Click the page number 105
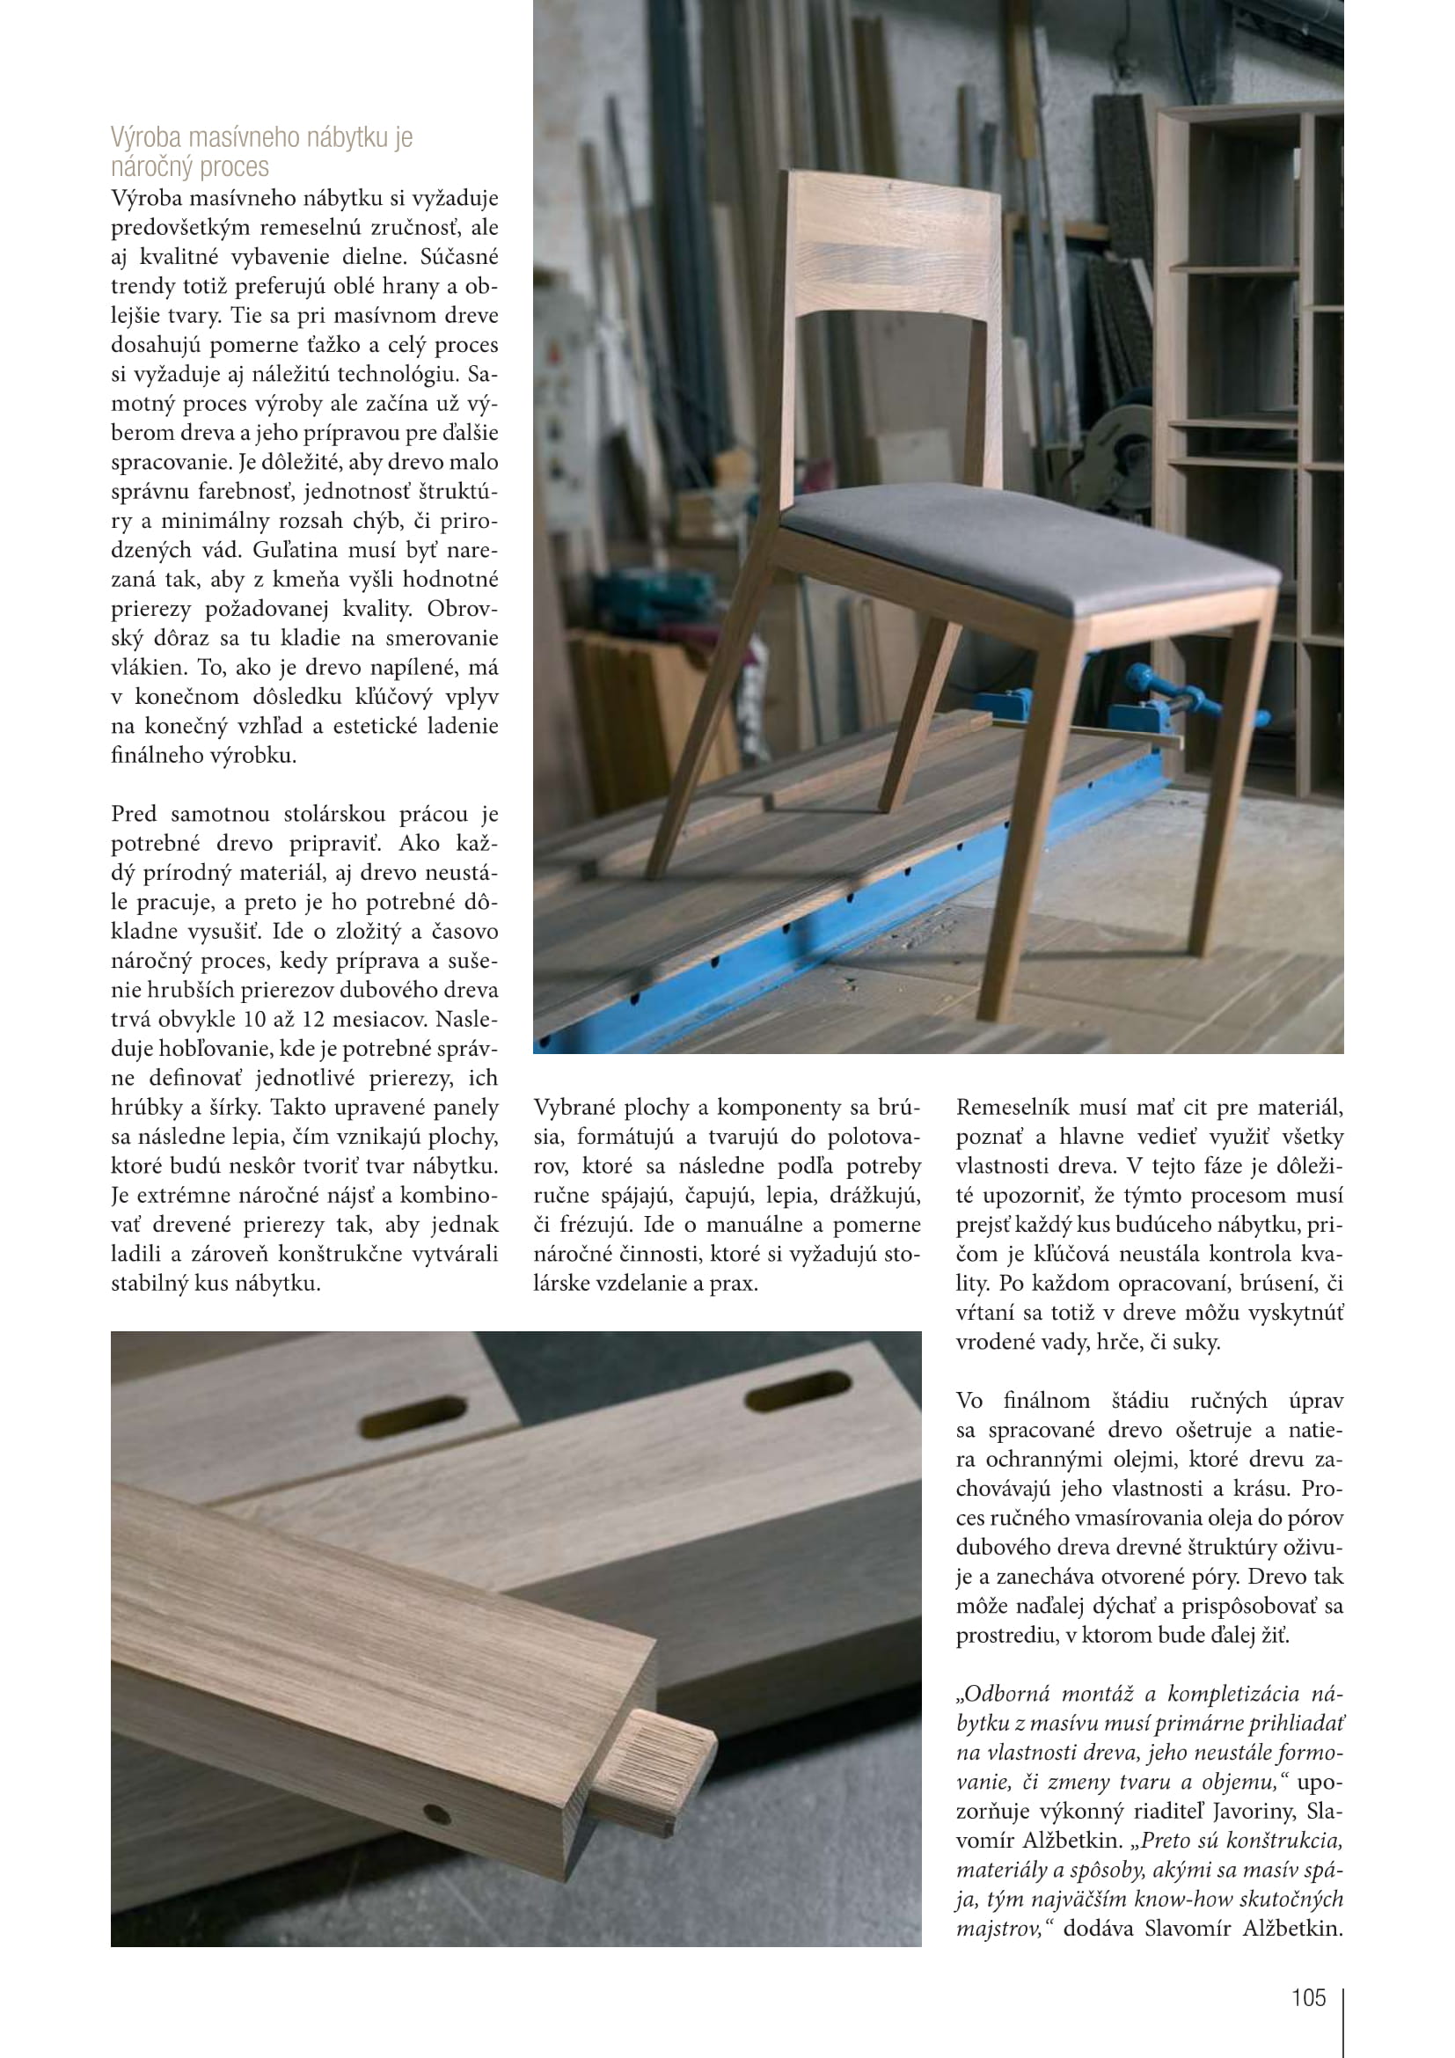1307,1997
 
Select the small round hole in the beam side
437,1815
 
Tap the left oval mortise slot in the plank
414,1414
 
